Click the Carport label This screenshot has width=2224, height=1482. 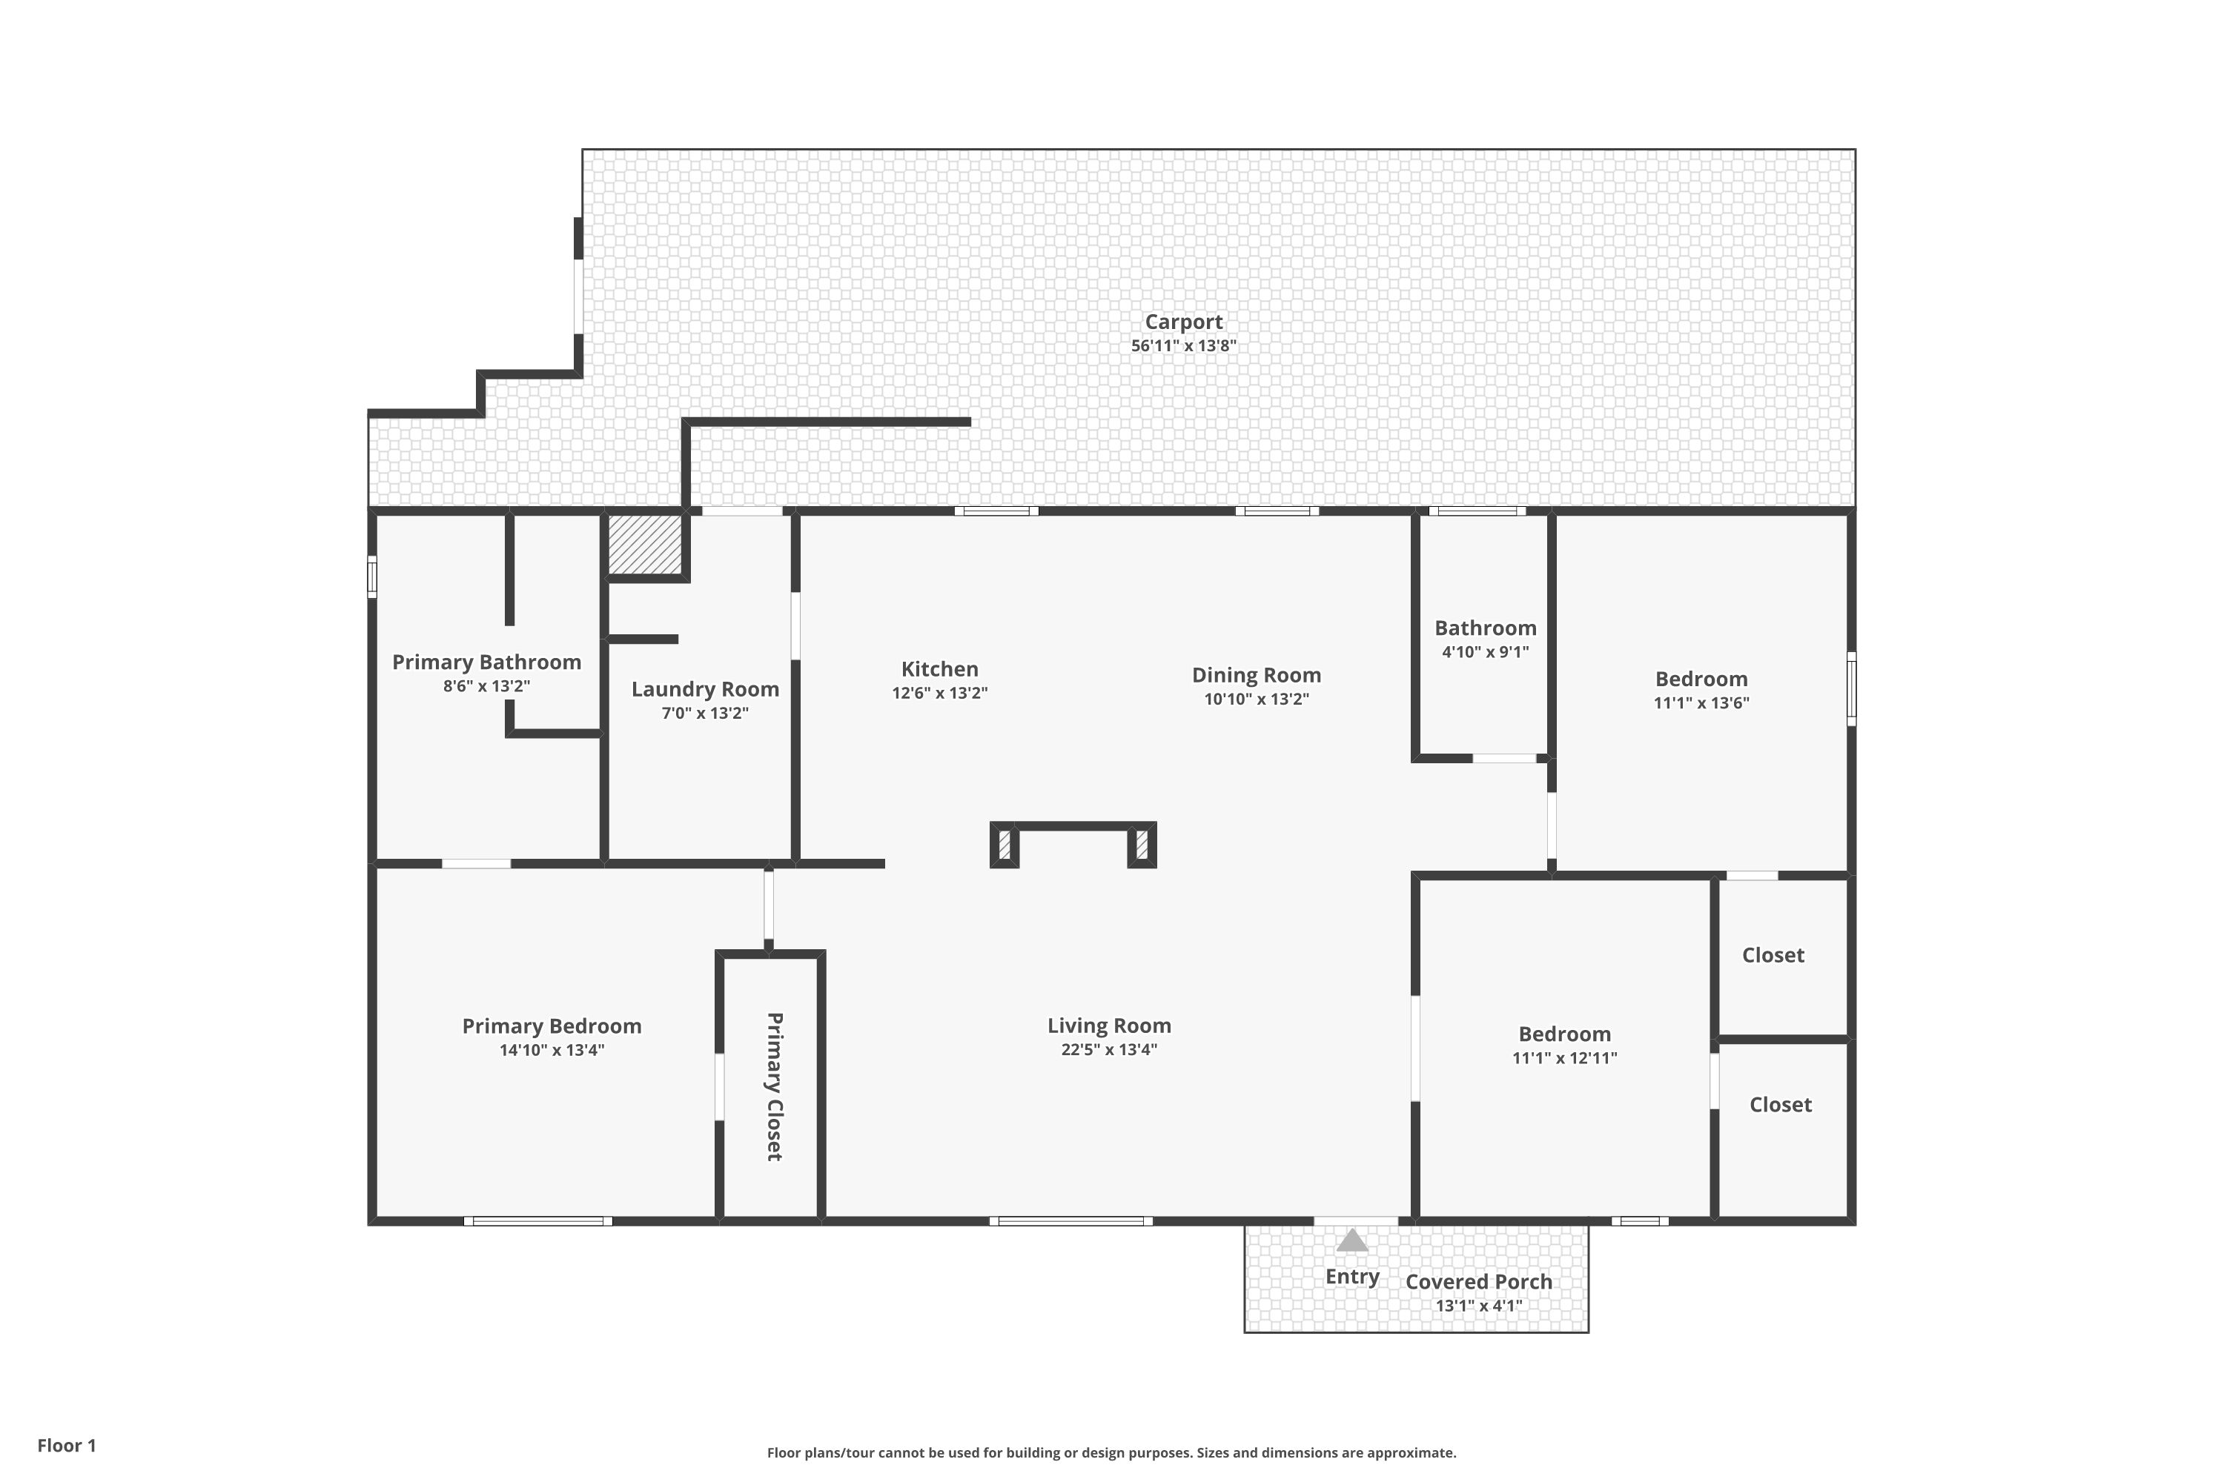[1183, 322]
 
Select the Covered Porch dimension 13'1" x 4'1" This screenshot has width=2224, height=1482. [1478, 1306]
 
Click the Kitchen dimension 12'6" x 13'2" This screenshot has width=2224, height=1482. [939, 693]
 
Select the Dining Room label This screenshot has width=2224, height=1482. [1256, 675]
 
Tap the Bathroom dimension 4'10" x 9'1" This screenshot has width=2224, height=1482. [1485, 652]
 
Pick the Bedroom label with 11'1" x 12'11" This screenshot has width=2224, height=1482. [1564, 1034]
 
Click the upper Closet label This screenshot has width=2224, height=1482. [1773, 954]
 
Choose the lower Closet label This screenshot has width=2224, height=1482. [1780, 1105]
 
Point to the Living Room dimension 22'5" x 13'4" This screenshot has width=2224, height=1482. [1108, 1049]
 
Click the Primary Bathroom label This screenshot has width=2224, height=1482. [486, 662]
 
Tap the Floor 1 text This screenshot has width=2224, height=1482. [66, 1445]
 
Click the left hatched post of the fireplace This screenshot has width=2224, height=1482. [1005, 844]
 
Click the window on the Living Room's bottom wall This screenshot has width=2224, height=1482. [1070, 1221]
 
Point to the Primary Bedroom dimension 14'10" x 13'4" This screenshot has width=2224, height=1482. [552, 1050]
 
